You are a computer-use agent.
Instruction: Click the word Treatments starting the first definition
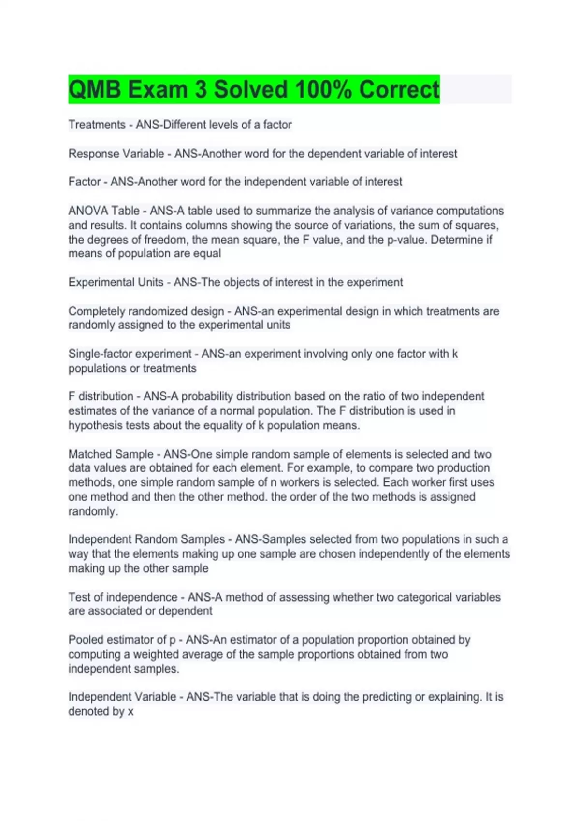coord(97,125)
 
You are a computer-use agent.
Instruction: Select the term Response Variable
coord(116,154)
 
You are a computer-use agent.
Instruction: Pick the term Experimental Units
coord(116,282)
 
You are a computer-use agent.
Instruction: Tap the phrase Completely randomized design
coord(146,311)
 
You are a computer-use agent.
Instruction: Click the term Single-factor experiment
coord(130,354)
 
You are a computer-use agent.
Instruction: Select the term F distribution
coord(101,396)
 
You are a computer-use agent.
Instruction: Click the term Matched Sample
coord(111,454)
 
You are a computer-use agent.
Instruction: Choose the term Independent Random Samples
coord(146,539)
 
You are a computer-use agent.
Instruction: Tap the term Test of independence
coord(123,597)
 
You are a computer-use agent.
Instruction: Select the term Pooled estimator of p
coord(122,640)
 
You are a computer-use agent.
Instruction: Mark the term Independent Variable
coord(122,697)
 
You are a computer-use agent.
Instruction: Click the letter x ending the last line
coord(130,712)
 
